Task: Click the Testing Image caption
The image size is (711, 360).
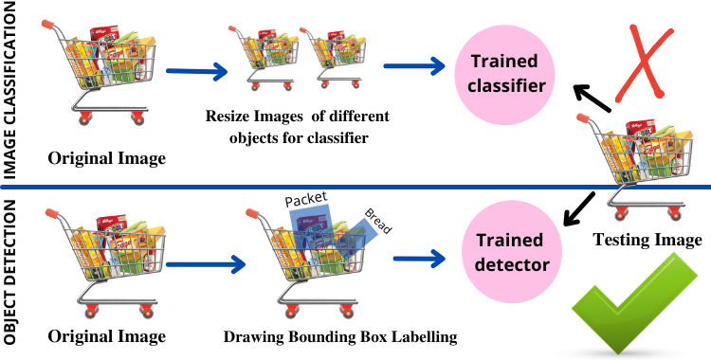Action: click(647, 240)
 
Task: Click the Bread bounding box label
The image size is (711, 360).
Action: click(378, 220)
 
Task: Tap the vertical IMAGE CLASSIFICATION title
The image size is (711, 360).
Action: click(12, 89)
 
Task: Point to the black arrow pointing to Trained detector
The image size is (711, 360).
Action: click(579, 210)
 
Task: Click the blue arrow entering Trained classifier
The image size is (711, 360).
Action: click(414, 66)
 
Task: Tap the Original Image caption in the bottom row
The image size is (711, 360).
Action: click(105, 336)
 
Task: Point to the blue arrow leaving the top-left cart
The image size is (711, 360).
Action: click(198, 71)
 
